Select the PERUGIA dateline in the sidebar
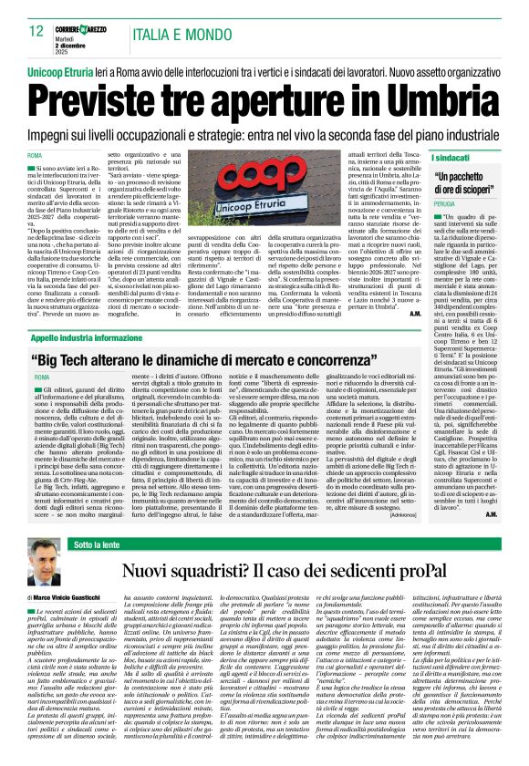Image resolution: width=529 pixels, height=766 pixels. coord(443,207)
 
